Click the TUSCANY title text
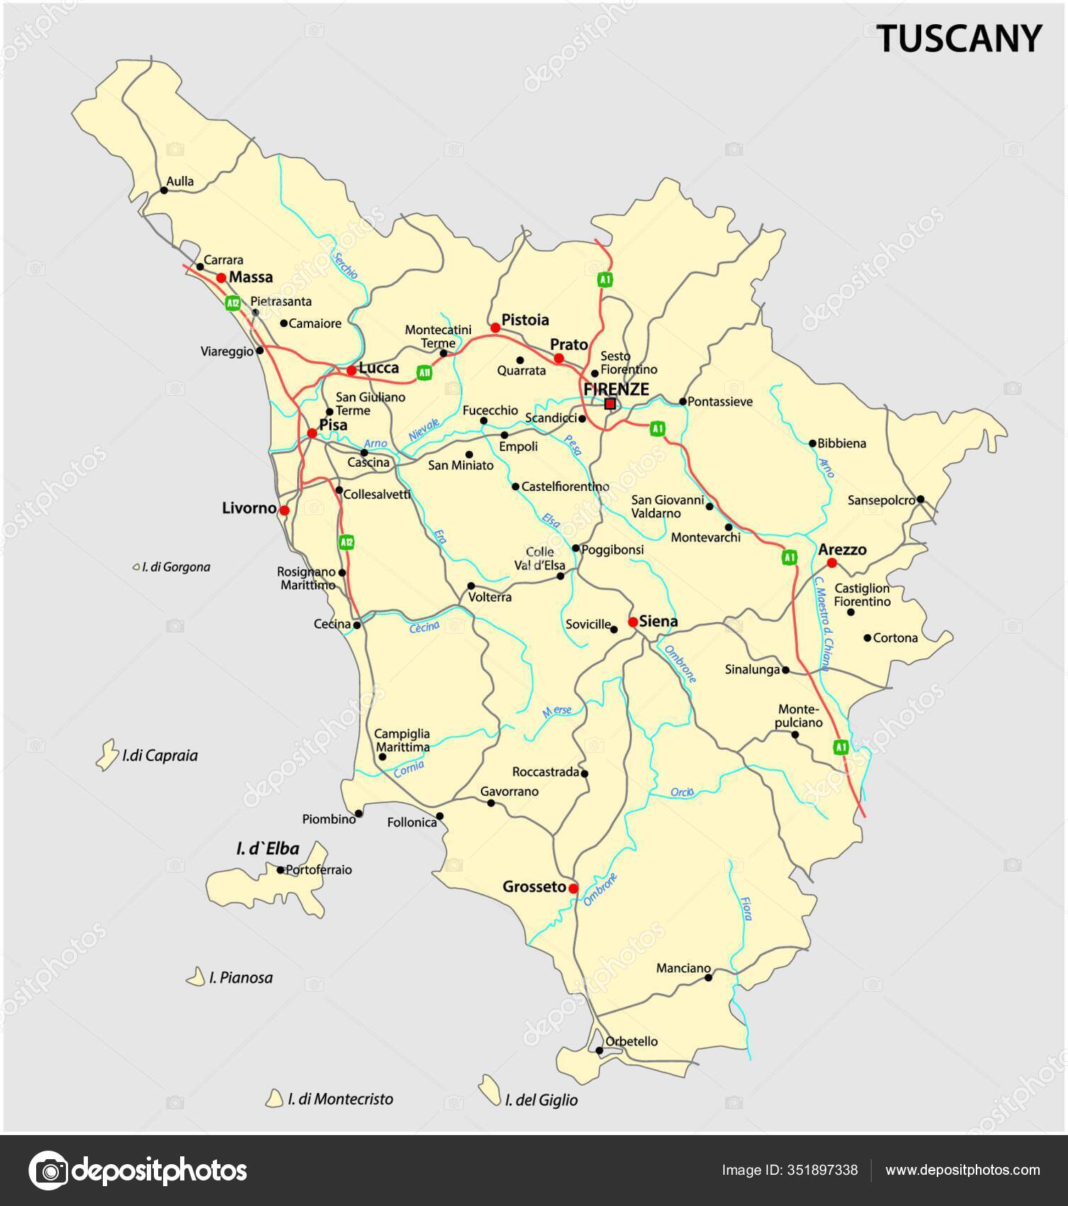pos(960,38)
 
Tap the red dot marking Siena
pos(633,622)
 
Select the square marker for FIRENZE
pos(610,404)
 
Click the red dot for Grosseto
pos(573,887)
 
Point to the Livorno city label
pos(249,508)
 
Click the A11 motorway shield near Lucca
pos(424,373)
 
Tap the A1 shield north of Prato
pos(604,280)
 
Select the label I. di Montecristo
pos(340,1099)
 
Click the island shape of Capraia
pos(106,754)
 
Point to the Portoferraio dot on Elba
pos(280,870)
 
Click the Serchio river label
pos(345,265)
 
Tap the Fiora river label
pos(746,908)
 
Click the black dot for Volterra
pos(471,586)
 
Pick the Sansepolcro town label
pos(881,500)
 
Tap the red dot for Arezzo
pos(832,563)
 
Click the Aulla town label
pos(180,182)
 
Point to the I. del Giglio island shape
pos(489,1090)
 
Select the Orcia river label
pos(682,792)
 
